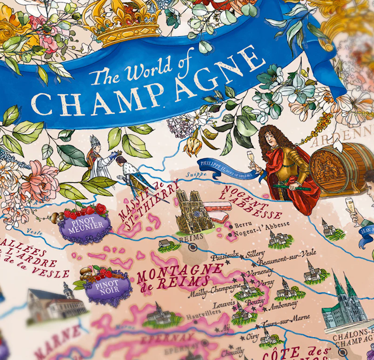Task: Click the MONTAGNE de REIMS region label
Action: coord(178,277)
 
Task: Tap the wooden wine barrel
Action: coord(335,166)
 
